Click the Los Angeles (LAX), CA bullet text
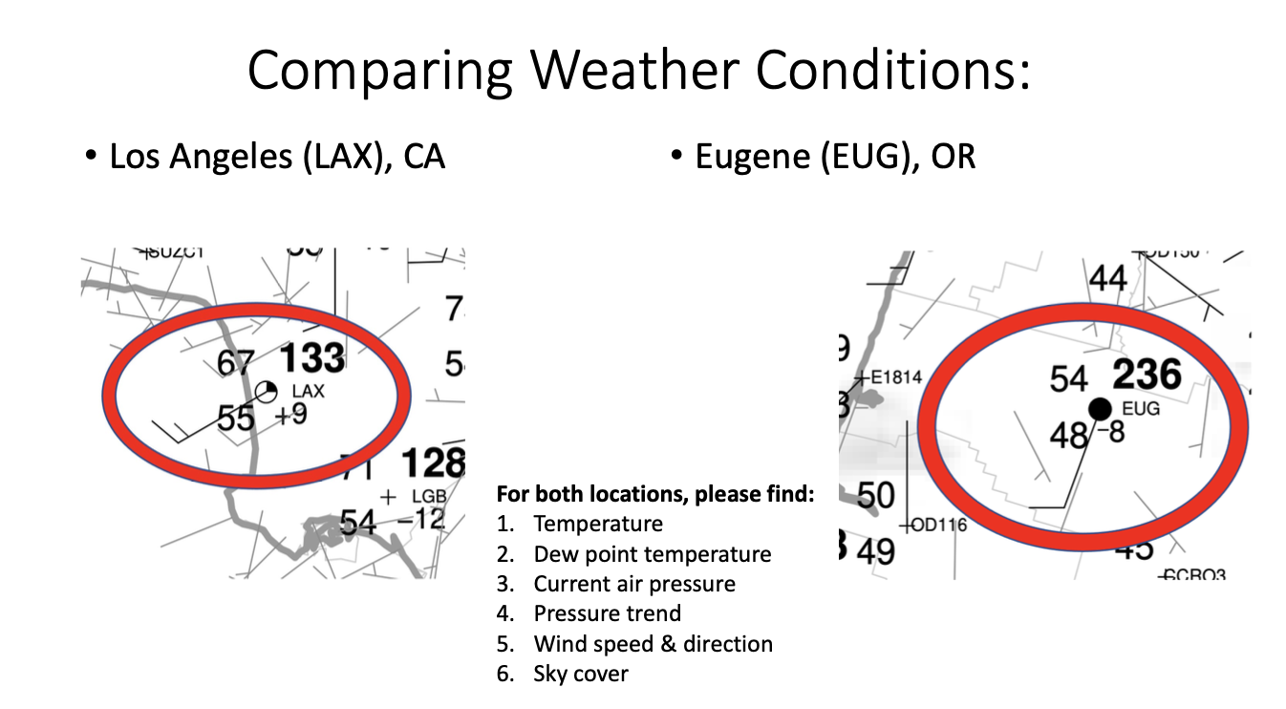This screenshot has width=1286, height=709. [x=277, y=156]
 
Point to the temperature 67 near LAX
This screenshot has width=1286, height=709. [x=235, y=363]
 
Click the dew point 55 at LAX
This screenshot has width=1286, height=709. [x=236, y=418]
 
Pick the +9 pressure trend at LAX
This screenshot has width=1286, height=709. [x=291, y=416]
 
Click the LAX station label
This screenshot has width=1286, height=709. [x=309, y=391]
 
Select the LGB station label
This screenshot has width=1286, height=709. [x=429, y=497]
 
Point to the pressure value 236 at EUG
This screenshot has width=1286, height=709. [x=1147, y=375]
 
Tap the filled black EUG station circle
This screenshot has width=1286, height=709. [x=1100, y=409]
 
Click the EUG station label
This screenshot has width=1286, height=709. [x=1141, y=408]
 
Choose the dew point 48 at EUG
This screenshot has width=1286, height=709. [x=1068, y=435]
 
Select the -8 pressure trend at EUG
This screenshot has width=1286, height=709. [x=1110, y=432]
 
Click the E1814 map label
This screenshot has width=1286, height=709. [x=897, y=376]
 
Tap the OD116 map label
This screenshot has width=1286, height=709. [x=940, y=525]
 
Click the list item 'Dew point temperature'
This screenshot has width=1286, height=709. [x=652, y=554]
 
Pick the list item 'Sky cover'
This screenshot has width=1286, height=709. [x=581, y=674]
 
